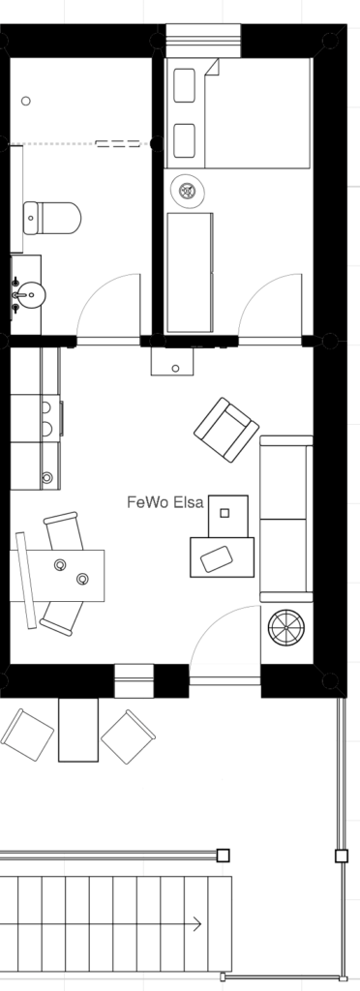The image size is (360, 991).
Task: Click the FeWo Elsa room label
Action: pos(165,502)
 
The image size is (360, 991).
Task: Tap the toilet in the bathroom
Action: pos(52,218)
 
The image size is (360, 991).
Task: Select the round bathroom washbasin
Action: pos(30,294)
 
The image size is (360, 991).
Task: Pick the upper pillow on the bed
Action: pos(185,85)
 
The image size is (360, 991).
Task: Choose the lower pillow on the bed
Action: pos(185,140)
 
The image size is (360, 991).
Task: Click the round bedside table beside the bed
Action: pos(188,191)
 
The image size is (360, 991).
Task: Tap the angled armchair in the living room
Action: pos(226,430)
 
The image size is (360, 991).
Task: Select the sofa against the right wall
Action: pos(286,519)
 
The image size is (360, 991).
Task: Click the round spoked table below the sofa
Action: pos(286,627)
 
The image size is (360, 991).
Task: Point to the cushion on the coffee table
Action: pos(216,558)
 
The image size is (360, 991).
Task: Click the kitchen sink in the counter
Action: pos(45,419)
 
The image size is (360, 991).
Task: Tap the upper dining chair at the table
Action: pos(63,531)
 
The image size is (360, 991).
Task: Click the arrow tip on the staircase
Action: pos(201,924)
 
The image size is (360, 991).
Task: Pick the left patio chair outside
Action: pos(27,735)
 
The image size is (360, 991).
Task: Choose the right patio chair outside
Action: pos(128,736)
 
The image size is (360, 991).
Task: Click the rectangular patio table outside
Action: pos(78,730)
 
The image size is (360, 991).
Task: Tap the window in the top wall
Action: pos(203,41)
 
